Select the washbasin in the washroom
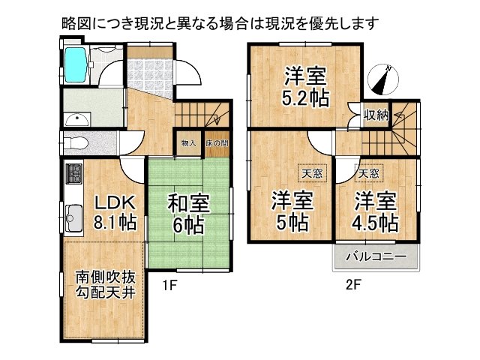pos(76,119)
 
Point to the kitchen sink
pos(73,218)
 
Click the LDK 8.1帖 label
pos(114,212)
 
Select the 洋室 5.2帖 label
pos(305,87)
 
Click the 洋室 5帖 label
pos(291,211)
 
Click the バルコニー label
pos(376,257)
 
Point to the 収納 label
pos(376,115)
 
